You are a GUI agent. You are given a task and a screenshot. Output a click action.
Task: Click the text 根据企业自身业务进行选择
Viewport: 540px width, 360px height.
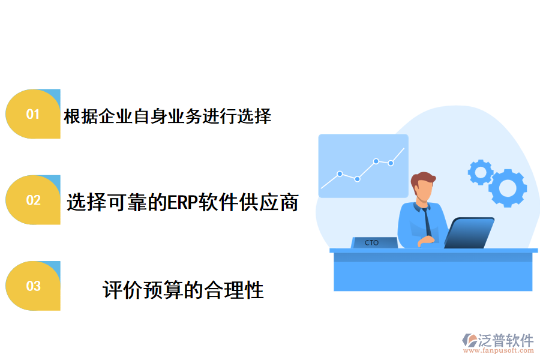click(x=167, y=116)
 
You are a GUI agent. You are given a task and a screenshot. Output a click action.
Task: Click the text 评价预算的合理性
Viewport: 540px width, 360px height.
click(x=183, y=290)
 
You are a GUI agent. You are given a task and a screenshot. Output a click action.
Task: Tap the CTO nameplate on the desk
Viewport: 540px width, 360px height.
click(x=373, y=242)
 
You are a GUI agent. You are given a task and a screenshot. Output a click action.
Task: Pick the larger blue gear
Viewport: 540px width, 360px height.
click(x=508, y=188)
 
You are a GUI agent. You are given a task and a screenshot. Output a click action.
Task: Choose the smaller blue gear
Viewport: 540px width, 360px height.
click(x=480, y=172)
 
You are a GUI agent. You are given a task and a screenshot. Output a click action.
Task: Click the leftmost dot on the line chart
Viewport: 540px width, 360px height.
click(x=340, y=173)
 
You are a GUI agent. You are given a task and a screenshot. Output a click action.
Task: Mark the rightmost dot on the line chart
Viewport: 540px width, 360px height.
click(x=391, y=163)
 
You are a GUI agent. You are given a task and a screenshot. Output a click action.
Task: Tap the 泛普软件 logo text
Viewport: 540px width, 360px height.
click(x=505, y=340)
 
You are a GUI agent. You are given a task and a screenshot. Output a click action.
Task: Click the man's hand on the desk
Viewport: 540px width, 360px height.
click(x=427, y=240)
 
